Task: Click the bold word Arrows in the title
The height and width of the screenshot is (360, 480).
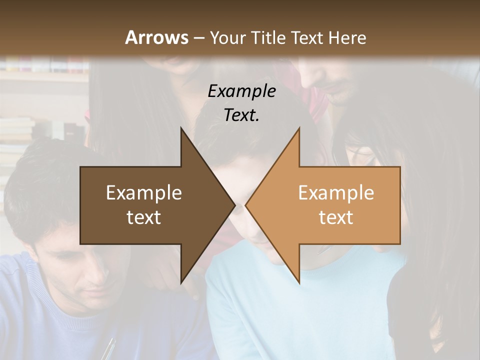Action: click(156, 37)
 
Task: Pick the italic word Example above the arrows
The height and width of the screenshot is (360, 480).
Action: click(241, 91)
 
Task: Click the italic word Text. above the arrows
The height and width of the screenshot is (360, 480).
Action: click(241, 115)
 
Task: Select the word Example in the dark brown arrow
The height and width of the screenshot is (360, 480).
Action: click(144, 192)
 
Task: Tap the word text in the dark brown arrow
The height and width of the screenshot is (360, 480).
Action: click(144, 217)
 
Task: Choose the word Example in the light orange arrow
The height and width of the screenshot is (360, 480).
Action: click(336, 192)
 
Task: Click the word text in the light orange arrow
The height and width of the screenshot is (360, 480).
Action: click(336, 217)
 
